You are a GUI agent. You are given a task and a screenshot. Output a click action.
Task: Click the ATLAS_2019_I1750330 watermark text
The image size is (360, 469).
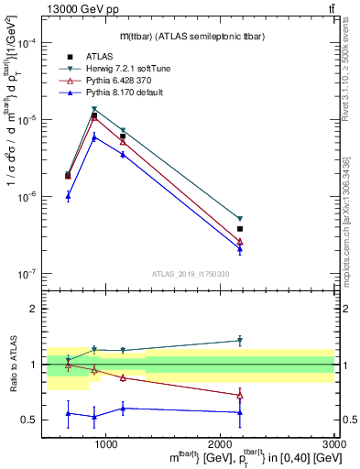coord(191,274)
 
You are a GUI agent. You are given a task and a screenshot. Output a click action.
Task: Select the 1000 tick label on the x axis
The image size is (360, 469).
coord(106,445)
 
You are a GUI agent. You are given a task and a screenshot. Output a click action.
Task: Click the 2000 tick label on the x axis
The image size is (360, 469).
coord(221,445)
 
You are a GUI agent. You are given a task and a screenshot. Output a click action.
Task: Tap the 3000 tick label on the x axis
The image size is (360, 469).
coord(333,445)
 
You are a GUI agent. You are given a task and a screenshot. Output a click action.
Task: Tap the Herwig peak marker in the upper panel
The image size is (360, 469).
coord(94,109)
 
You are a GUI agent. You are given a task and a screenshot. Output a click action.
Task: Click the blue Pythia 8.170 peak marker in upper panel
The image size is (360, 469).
coord(94,136)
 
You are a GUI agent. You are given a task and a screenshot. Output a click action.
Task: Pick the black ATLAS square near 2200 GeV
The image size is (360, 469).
coord(240,229)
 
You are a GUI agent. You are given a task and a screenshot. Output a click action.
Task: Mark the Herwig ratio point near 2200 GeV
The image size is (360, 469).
coord(240,341)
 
